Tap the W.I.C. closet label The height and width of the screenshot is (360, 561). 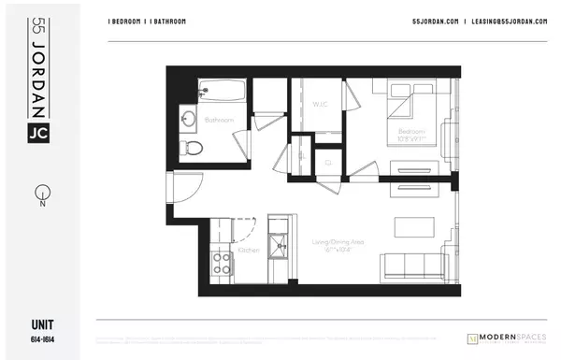point(321,105)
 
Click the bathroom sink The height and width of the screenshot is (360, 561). point(188,119)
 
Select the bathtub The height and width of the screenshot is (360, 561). point(223,91)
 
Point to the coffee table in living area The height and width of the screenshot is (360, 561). point(410,227)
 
